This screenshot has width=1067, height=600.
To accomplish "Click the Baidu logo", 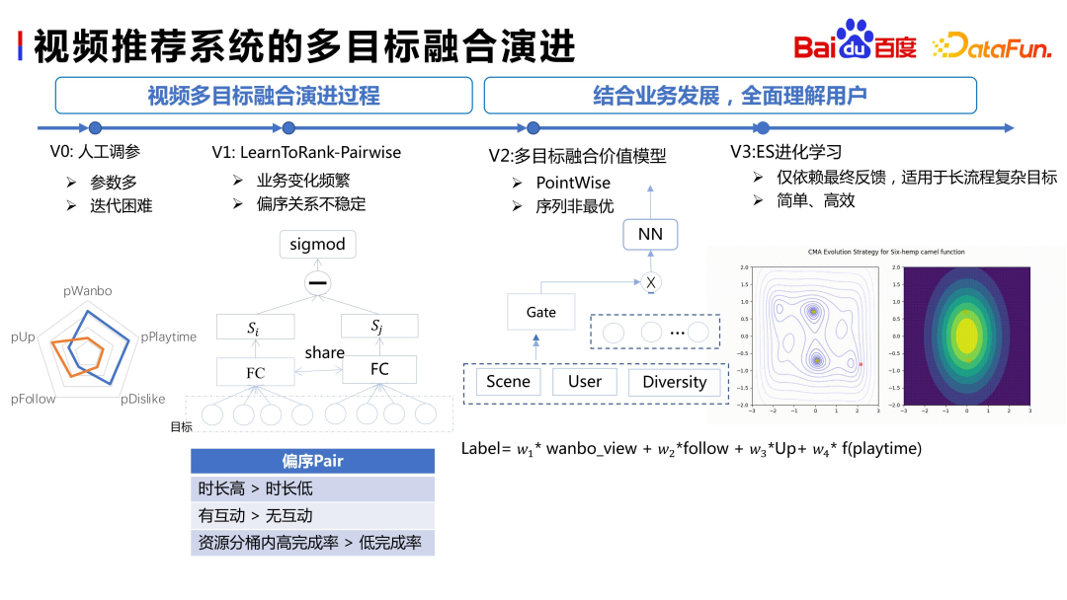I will (856, 42).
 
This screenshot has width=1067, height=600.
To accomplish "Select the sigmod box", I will (317, 245).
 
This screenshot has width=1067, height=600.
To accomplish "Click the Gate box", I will (540, 312).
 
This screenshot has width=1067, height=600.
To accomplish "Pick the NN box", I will (650, 235).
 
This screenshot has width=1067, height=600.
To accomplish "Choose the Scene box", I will (508, 382).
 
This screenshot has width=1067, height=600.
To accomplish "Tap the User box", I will (584, 382).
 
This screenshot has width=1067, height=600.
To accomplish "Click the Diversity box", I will (675, 382).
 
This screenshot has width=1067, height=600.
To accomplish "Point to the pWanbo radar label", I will (87, 291).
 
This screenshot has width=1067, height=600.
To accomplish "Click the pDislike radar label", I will (143, 400).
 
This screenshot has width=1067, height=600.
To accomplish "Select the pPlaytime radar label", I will (168, 337).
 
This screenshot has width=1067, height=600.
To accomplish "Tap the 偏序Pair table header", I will (312, 461).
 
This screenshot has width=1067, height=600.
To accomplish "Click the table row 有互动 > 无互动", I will (312, 515).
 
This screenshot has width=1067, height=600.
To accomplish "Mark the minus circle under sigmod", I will (317, 284).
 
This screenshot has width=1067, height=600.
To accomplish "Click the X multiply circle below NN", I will (650, 282).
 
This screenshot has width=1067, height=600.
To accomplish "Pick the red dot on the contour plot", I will (861, 364).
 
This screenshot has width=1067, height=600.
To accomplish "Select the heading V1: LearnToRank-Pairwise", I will (306, 153).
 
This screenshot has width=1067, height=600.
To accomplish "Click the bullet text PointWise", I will (573, 183).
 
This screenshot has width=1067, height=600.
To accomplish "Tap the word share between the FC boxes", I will (325, 352).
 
